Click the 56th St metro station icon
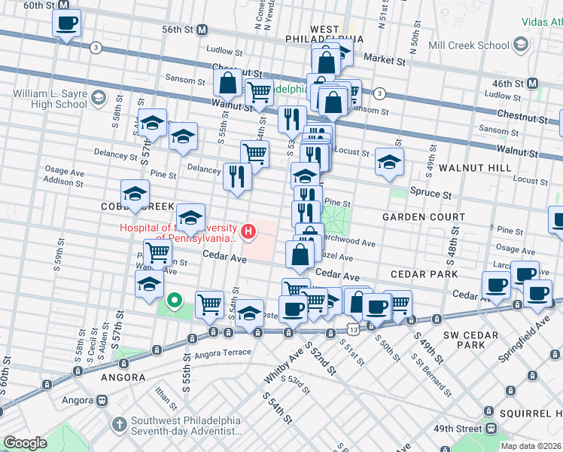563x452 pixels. [x=202, y=29]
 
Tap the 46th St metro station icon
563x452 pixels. [x=532, y=83]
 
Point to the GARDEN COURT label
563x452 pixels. [x=413, y=217]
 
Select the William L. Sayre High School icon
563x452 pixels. [x=98, y=96]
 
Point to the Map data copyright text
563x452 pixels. [x=531, y=446]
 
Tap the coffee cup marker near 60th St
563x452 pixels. [x=66, y=23]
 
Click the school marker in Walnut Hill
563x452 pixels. [x=389, y=162]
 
